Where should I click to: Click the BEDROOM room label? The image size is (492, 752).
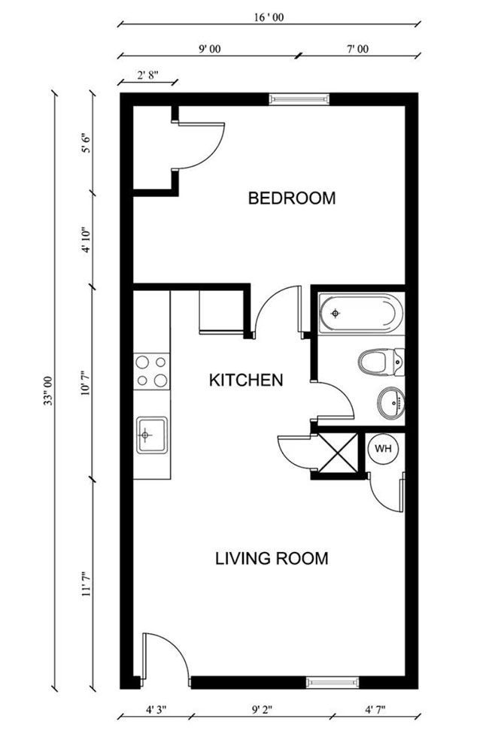(x=292, y=198)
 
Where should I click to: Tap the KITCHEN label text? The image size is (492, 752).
(x=246, y=381)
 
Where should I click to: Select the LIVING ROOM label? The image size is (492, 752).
(x=272, y=558)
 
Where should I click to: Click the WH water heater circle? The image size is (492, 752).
(x=383, y=449)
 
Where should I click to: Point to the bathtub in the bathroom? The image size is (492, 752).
(x=361, y=314)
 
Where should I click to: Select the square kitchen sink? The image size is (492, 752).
(x=152, y=435)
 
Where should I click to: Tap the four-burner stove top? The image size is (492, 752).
(x=152, y=371)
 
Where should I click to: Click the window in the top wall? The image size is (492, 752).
(x=299, y=99)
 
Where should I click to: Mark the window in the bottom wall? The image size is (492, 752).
(x=333, y=682)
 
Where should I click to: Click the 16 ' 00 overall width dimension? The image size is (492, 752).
(x=269, y=18)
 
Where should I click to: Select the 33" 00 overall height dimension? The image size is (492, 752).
(x=47, y=391)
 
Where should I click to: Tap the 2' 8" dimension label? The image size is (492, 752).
(x=148, y=74)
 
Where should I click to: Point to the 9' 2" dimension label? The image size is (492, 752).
(x=262, y=708)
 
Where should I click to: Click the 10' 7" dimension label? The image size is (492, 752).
(x=86, y=383)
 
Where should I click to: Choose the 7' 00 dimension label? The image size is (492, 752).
(x=358, y=49)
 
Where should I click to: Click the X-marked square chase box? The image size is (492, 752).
(x=339, y=452)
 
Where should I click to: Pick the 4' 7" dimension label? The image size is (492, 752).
(x=375, y=708)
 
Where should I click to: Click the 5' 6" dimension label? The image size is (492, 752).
(x=86, y=142)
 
